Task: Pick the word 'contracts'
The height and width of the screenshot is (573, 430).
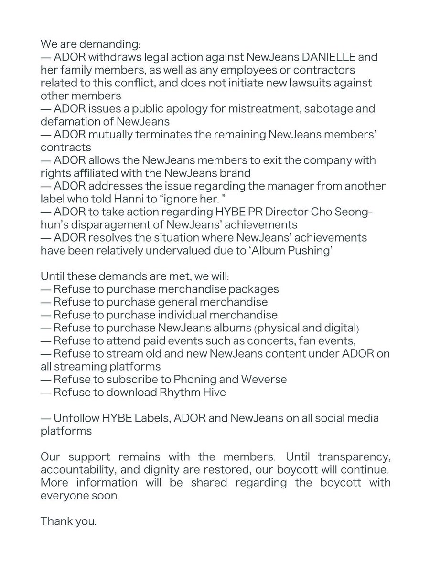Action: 61,148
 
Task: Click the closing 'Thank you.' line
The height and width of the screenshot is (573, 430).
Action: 69,522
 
